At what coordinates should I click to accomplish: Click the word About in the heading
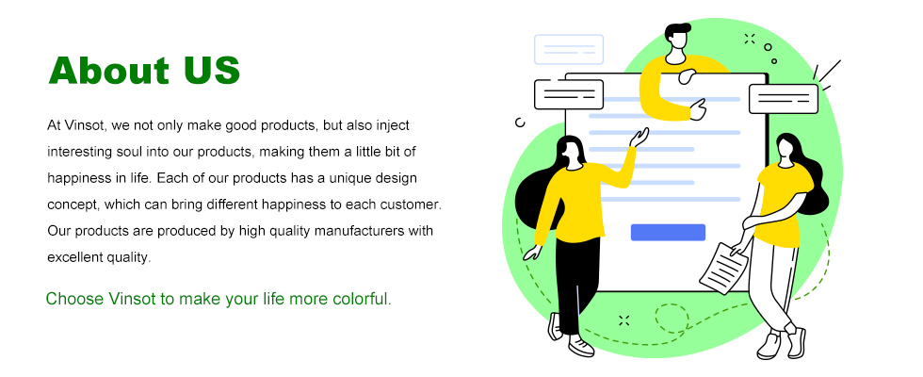click(109, 71)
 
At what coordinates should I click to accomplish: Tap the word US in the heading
click(212, 71)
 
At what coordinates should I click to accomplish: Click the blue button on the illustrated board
click(668, 232)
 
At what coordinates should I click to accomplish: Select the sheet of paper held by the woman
click(723, 268)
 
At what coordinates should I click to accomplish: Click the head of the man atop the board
click(677, 36)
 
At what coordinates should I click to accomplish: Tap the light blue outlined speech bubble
click(569, 49)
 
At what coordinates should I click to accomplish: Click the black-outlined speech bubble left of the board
click(569, 94)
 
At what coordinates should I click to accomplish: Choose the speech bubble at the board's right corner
click(784, 98)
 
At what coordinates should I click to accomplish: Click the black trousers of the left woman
click(576, 285)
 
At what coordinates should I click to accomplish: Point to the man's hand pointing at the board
click(698, 109)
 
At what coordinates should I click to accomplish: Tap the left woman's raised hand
click(639, 138)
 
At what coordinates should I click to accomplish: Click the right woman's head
click(786, 147)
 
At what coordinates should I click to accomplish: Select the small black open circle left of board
click(520, 122)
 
